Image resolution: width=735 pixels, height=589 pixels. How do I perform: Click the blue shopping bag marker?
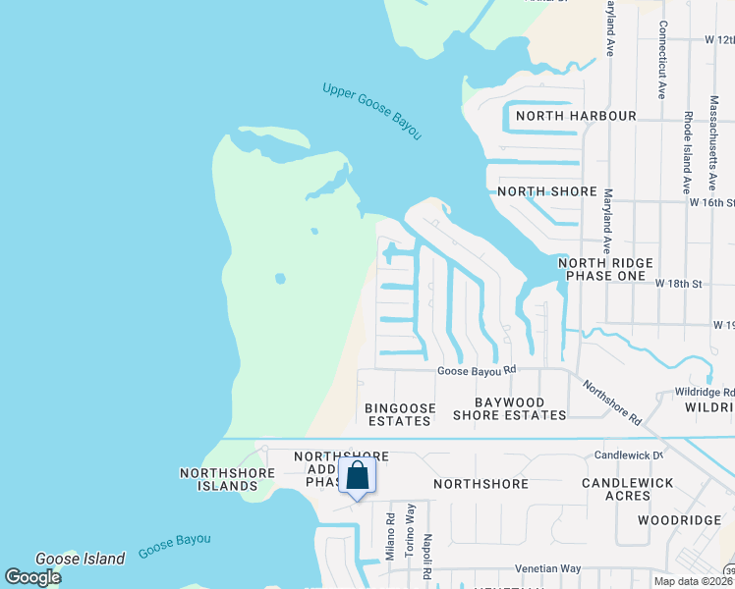(x=358, y=477)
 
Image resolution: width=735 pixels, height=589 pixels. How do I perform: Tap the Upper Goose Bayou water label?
(x=371, y=110)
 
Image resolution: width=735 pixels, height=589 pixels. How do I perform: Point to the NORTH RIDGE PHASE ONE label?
(x=601, y=270)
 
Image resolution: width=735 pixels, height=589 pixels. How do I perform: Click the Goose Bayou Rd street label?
(x=477, y=370)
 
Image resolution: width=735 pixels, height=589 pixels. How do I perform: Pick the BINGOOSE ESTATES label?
(x=398, y=413)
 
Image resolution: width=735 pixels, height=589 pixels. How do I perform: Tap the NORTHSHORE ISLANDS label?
(x=218, y=479)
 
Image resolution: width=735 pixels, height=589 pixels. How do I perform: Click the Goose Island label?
(x=80, y=559)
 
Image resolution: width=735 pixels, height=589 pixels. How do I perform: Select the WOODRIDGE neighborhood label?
(x=672, y=519)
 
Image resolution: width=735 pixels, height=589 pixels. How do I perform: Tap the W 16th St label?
(x=711, y=202)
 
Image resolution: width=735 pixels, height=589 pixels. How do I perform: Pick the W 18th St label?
(x=679, y=284)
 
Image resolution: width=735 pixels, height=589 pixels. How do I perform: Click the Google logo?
(x=32, y=577)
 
